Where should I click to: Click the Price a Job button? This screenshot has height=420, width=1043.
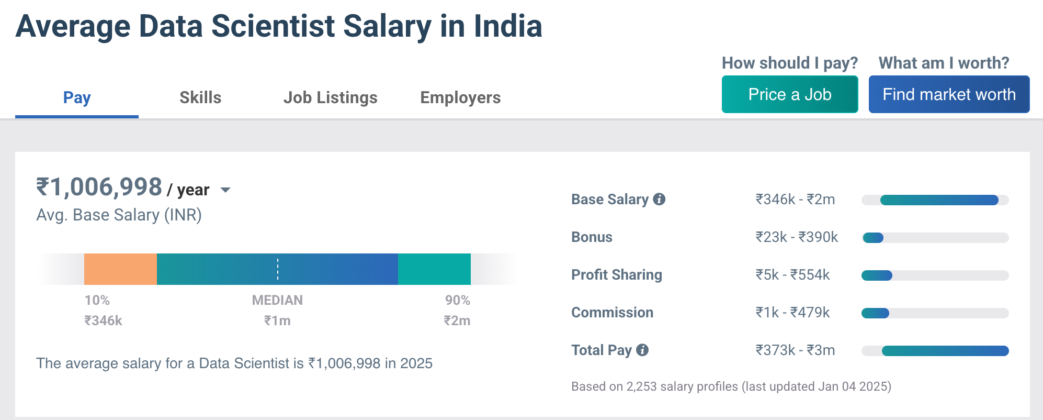click(x=789, y=94)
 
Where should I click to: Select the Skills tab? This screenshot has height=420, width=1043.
click(x=200, y=97)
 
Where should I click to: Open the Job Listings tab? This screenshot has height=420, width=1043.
click(x=330, y=97)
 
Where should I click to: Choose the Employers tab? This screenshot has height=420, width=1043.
click(x=460, y=97)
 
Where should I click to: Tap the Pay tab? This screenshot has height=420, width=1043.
click(x=77, y=97)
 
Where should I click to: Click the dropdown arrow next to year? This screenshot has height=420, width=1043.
click(x=225, y=190)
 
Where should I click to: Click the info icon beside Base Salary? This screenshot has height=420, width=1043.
click(x=660, y=199)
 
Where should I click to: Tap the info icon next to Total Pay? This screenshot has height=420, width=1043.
click(x=642, y=350)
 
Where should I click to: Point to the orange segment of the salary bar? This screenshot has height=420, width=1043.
click(x=120, y=269)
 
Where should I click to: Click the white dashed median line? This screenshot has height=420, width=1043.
click(x=278, y=269)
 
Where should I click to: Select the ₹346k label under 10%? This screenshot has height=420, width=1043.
click(x=103, y=320)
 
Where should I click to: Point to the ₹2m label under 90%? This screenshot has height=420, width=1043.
click(x=457, y=320)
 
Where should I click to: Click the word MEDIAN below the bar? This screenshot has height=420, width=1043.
click(x=277, y=300)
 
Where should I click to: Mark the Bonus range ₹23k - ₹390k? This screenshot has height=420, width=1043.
click(x=796, y=237)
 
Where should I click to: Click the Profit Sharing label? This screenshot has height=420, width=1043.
click(x=616, y=275)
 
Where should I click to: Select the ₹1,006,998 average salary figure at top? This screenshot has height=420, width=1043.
click(x=99, y=187)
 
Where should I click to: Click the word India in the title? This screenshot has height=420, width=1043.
click(x=507, y=26)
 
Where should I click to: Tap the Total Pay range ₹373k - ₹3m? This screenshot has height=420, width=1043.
click(x=795, y=350)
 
